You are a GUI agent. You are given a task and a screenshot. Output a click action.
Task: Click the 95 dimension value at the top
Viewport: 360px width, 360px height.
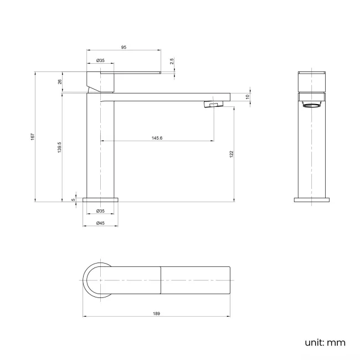[124, 48]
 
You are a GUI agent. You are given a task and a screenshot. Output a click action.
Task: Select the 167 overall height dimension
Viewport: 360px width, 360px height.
[33, 136]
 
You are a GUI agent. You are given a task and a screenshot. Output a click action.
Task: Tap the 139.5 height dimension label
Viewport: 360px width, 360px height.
[59, 147]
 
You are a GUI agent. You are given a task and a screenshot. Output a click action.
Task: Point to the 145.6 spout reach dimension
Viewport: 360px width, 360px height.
[157, 138]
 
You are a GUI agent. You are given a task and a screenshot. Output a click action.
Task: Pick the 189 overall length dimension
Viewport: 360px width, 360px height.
[156, 314]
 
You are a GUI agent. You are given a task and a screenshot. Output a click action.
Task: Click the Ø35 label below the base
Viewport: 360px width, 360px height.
[100, 211]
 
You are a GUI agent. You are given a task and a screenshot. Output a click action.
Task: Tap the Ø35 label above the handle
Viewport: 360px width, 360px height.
[100, 60]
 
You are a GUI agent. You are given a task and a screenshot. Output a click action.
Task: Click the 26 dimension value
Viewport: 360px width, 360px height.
[59, 82]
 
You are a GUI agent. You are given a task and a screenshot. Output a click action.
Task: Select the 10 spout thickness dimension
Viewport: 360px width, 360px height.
[248, 96]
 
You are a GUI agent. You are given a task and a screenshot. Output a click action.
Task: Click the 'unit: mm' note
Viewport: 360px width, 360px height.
[325, 342]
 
